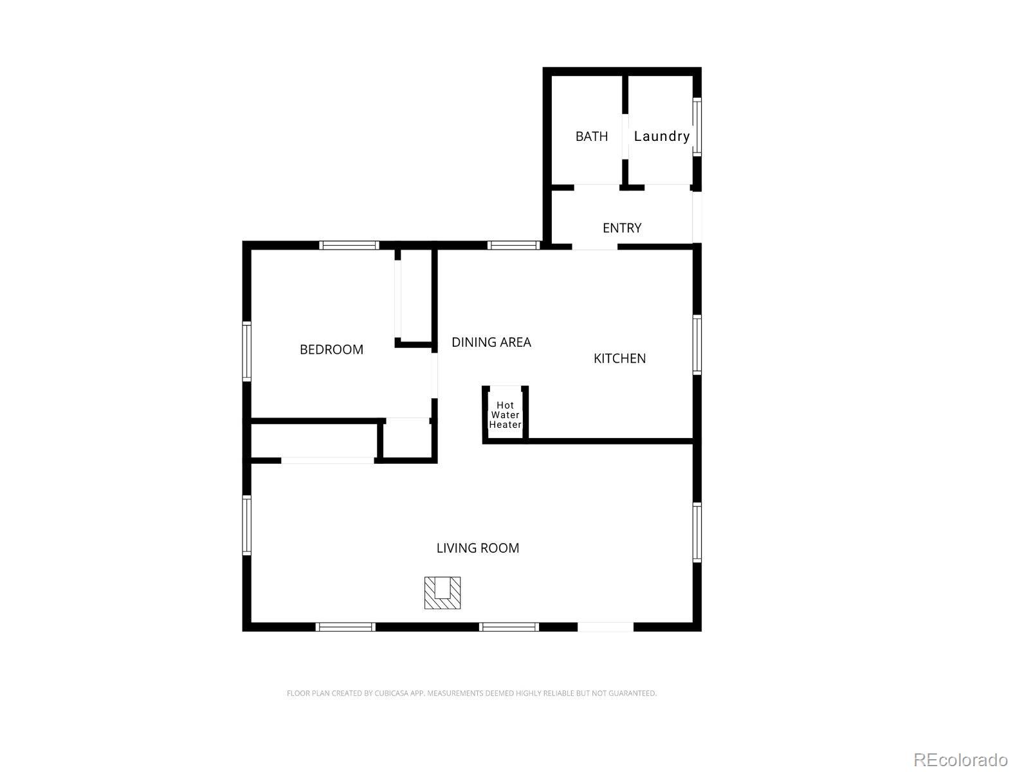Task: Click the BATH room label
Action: point(591,136)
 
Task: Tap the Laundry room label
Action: point(661,136)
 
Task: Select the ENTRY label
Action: point(622,228)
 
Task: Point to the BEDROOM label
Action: point(331,349)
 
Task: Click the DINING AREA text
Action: point(491,342)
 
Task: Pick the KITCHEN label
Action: point(619,358)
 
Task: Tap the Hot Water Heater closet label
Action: point(505,415)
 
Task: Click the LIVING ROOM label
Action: point(478,547)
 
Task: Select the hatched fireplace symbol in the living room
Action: point(442,593)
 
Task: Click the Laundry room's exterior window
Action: point(697,127)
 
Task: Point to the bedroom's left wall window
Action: point(247,352)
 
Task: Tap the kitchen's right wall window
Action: point(697,345)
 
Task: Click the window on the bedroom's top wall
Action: point(349,246)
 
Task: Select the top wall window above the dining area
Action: point(513,246)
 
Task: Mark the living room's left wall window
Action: point(247,526)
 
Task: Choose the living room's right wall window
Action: point(697,533)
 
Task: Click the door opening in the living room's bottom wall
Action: point(605,627)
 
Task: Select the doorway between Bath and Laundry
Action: point(625,136)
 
